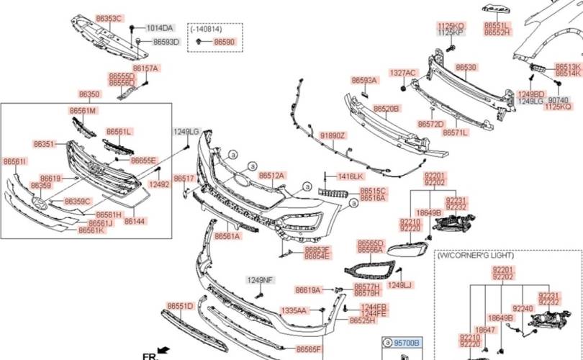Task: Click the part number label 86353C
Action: (109, 17)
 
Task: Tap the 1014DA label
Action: (160, 28)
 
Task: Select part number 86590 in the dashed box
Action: (225, 42)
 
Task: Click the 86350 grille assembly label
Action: (89, 94)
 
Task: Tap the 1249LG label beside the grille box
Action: (185, 132)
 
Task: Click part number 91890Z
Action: (333, 135)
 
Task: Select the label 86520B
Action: (386, 108)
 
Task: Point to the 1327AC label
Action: (403, 73)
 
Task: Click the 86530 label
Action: (466, 67)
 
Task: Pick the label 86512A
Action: (272, 175)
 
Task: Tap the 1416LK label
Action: (351, 176)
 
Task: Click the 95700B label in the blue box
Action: (405, 343)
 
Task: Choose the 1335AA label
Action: (294, 310)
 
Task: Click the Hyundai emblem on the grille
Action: (42, 204)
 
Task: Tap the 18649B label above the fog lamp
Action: (429, 213)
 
